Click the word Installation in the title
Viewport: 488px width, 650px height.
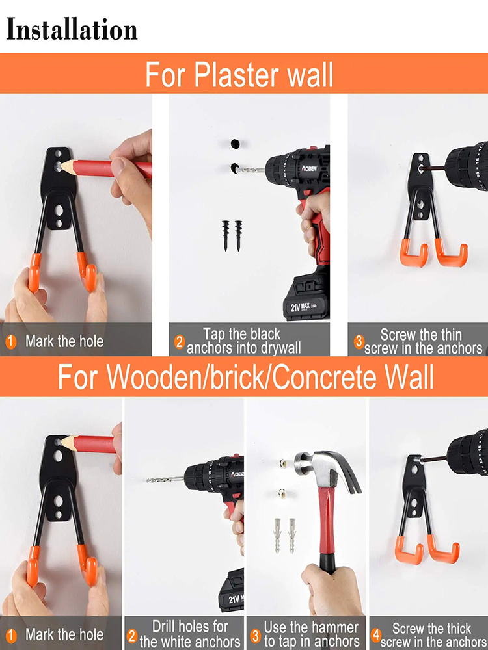(x=72, y=30)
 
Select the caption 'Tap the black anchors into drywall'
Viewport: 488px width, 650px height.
(x=243, y=341)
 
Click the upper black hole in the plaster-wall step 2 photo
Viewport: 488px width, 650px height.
(x=235, y=143)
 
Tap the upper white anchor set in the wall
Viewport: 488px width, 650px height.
(x=283, y=464)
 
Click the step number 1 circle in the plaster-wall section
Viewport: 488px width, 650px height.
(x=10, y=341)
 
